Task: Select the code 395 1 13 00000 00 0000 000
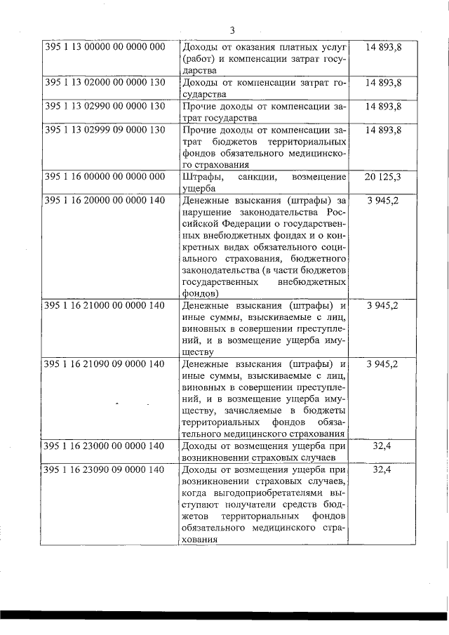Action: (105, 47)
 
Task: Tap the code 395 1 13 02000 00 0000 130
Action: (105, 83)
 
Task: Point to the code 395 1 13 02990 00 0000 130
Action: (105, 107)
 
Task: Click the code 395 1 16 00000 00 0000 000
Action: (105, 177)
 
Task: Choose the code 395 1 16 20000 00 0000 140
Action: (105, 201)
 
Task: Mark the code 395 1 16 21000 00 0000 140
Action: (105, 306)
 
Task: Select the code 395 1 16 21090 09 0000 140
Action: (105, 364)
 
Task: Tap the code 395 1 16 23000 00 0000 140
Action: (105, 446)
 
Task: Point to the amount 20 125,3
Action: (383, 177)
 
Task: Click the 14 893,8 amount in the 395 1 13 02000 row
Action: (383, 83)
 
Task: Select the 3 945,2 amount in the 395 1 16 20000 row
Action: (383, 201)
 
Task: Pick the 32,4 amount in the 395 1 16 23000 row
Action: (383, 446)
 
